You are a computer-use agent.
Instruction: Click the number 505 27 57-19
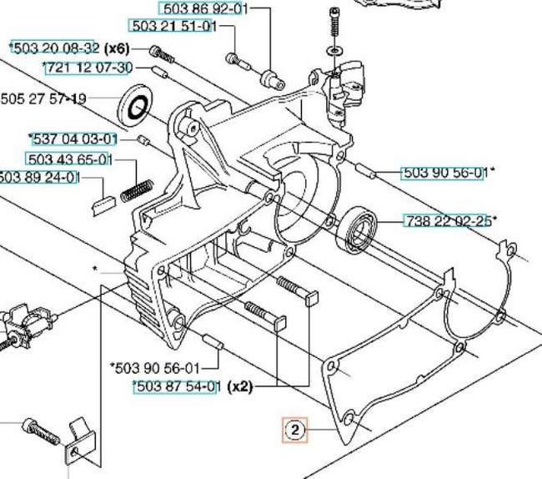[x=43, y=98]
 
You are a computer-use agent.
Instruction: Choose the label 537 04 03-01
[x=73, y=139]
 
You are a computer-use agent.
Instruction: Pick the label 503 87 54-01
[x=177, y=386]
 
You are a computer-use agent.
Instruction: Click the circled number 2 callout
[x=294, y=431]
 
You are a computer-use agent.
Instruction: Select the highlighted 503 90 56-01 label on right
[x=444, y=173]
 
